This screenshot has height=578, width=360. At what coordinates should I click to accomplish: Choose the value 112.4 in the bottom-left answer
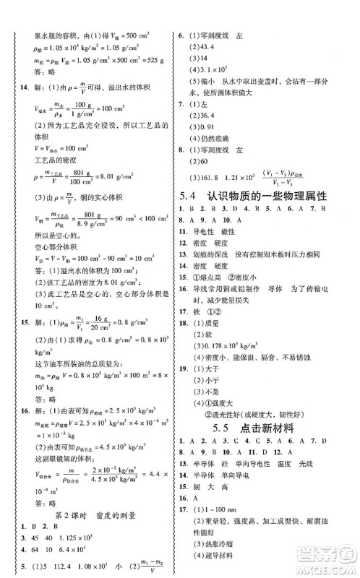61,566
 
